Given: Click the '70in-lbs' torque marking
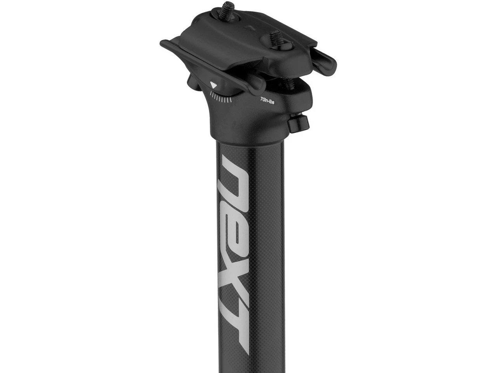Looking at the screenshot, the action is [267, 101].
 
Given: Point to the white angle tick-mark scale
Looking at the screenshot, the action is [221, 97].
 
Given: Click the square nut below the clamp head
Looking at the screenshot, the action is [299, 124].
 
